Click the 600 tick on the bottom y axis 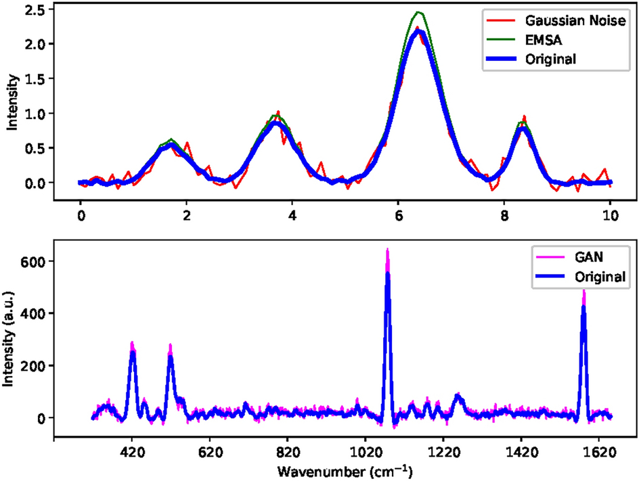(33, 261)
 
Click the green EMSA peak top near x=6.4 (419, 13)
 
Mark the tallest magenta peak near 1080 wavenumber (387, 250)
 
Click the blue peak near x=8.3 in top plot (523, 129)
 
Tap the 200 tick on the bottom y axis (33, 365)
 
